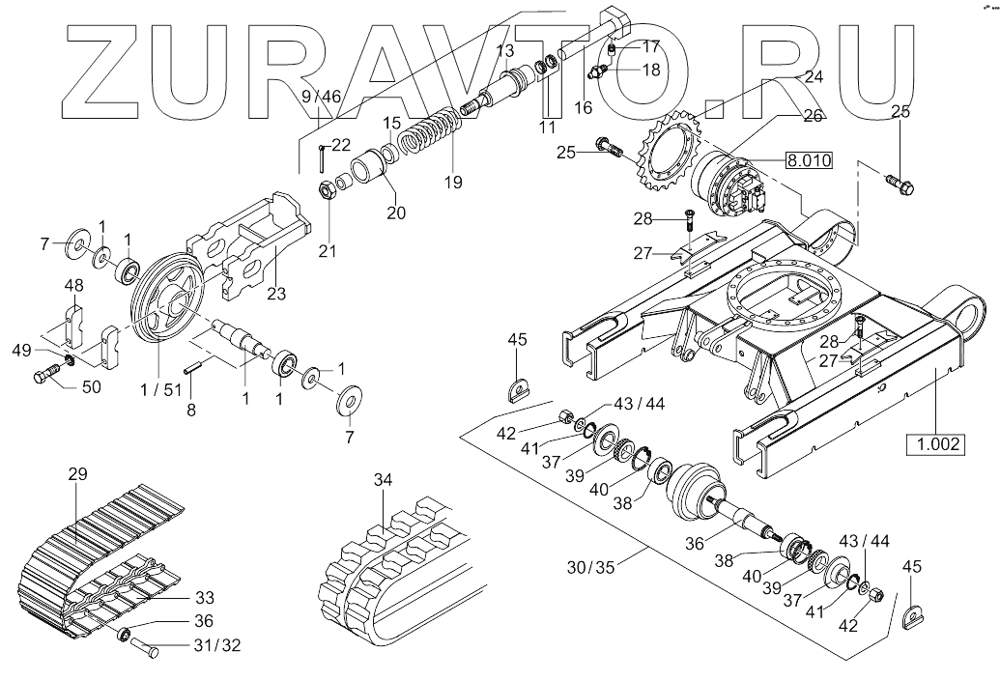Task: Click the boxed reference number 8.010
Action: [x=808, y=160]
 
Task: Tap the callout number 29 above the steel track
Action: [x=78, y=473]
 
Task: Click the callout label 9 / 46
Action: [x=321, y=96]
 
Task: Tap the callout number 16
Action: [x=583, y=107]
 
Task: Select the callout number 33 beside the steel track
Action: [x=204, y=596]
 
